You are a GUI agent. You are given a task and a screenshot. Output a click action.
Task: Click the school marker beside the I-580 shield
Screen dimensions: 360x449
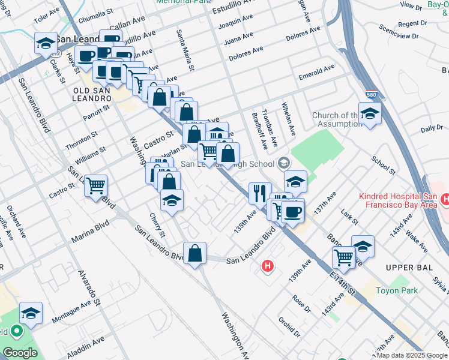pyautogui.click(x=370, y=113)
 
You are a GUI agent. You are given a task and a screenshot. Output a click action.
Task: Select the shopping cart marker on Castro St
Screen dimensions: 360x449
pyautogui.click(x=95, y=186)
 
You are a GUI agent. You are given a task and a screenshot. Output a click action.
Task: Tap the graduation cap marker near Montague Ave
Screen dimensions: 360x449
pyautogui.click(x=31, y=313)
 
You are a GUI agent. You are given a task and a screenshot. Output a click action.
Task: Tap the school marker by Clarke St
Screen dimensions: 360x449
pyautogui.click(x=45, y=43)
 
